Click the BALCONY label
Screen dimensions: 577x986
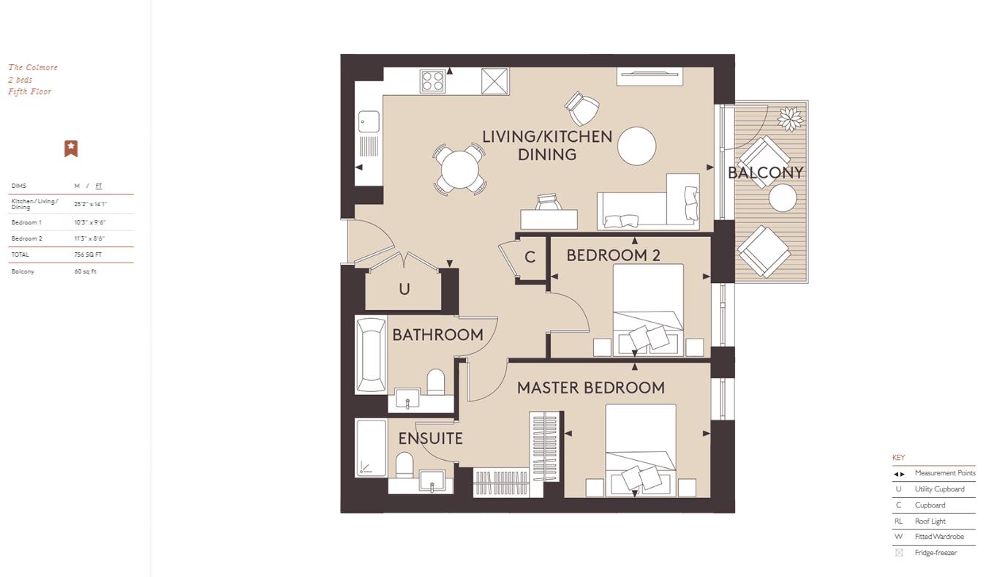pos(765,173)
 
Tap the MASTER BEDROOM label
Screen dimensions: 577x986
pos(590,388)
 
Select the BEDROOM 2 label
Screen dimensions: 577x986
pos(613,255)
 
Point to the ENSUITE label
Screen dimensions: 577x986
pos(430,438)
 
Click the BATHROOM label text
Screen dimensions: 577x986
pos(437,335)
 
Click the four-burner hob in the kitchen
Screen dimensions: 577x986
pos(433,80)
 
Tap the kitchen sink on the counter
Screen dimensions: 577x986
pos(369,122)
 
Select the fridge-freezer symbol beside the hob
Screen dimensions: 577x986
pos(494,80)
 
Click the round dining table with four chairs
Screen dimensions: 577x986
pos(459,170)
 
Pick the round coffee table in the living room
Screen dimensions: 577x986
pos(636,146)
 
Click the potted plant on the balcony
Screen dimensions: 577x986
pos(790,118)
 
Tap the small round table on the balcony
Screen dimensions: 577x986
pos(782,197)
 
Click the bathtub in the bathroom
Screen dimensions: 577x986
pos(371,355)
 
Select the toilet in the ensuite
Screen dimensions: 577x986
pos(404,464)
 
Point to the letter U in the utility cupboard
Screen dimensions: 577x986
pos(404,290)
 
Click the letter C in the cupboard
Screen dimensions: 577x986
pos(530,257)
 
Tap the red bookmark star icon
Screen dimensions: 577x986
pos(71,148)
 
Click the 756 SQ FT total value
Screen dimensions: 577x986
pos(88,254)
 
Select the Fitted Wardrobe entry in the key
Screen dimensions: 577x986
pos(938,537)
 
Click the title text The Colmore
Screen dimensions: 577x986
pos(33,67)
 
